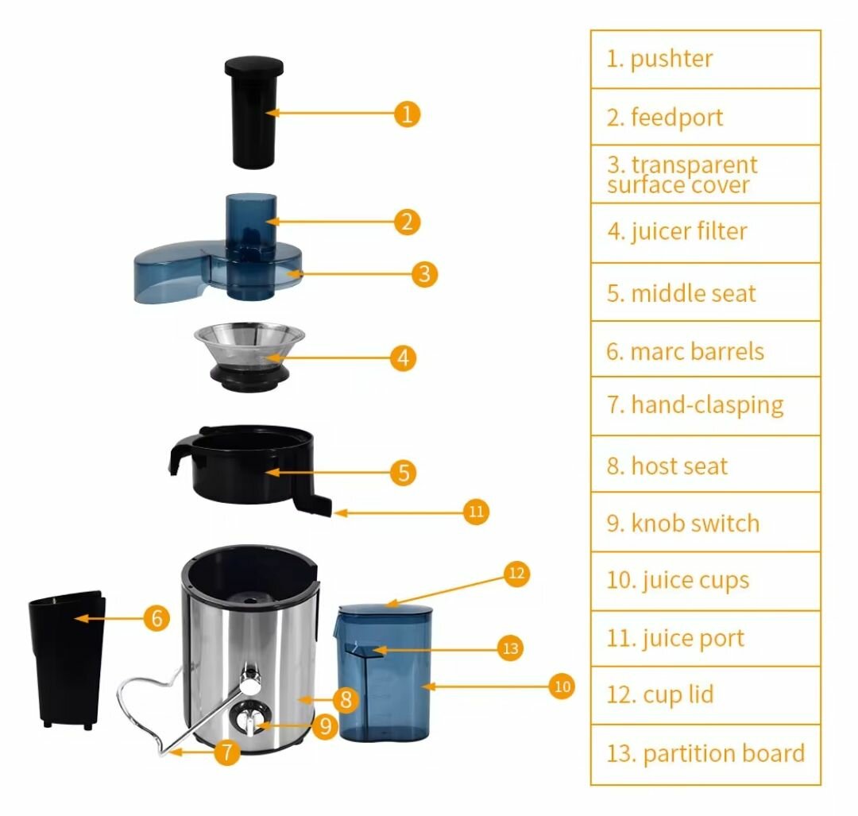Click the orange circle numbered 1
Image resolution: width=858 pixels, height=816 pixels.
407,114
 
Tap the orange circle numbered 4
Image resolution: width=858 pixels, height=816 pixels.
404,358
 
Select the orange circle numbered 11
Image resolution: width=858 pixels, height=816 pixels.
476,512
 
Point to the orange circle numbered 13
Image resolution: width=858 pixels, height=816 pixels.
510,648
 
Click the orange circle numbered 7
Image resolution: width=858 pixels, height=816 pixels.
227,752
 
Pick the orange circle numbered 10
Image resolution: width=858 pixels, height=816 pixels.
562,686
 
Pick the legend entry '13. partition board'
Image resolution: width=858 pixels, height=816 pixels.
705,753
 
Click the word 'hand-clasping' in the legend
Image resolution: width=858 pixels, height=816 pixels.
707,405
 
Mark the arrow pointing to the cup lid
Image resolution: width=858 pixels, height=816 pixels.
445,590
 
